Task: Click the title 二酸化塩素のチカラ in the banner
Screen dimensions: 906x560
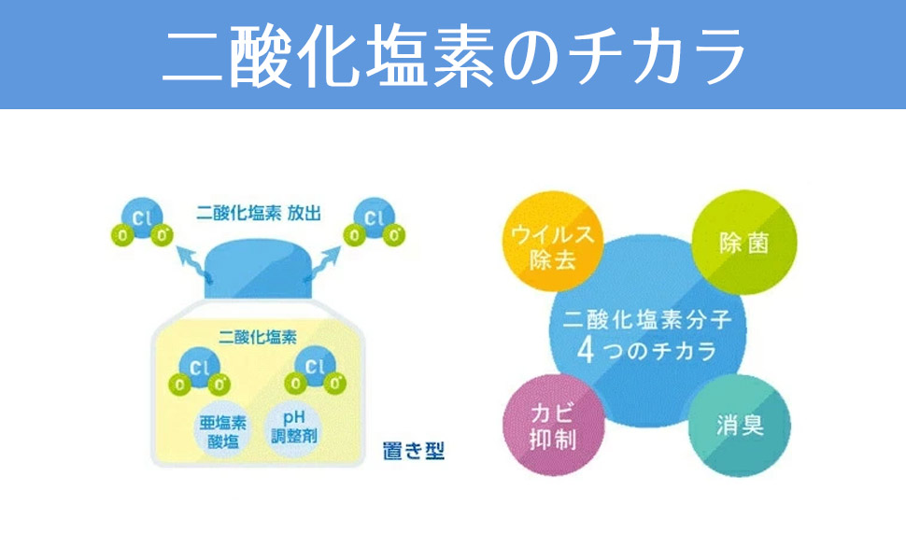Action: tap(453, 54)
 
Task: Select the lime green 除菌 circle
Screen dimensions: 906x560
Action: tap(743, 244)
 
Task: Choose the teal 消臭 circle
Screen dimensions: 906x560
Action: tap(740, 426)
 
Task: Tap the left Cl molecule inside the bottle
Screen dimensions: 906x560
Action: tap(197, 372)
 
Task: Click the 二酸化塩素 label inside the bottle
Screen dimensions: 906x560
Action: tap(257, 335)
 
